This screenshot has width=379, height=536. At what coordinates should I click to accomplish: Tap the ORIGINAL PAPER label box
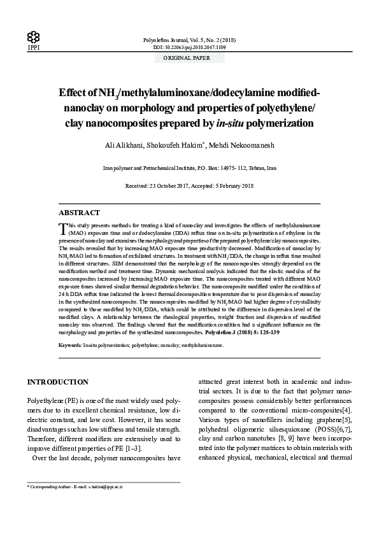[x=189, y=58]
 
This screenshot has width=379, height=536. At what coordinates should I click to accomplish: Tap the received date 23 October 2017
[x=172, y=185]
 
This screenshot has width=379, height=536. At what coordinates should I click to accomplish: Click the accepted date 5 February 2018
[x=232, y=185]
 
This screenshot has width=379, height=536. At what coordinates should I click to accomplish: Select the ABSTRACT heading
[x=79, y=213]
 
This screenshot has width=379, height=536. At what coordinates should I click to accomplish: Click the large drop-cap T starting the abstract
[x=62, y=227]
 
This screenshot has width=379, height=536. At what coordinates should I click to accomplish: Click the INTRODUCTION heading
[x=57, y=382]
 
